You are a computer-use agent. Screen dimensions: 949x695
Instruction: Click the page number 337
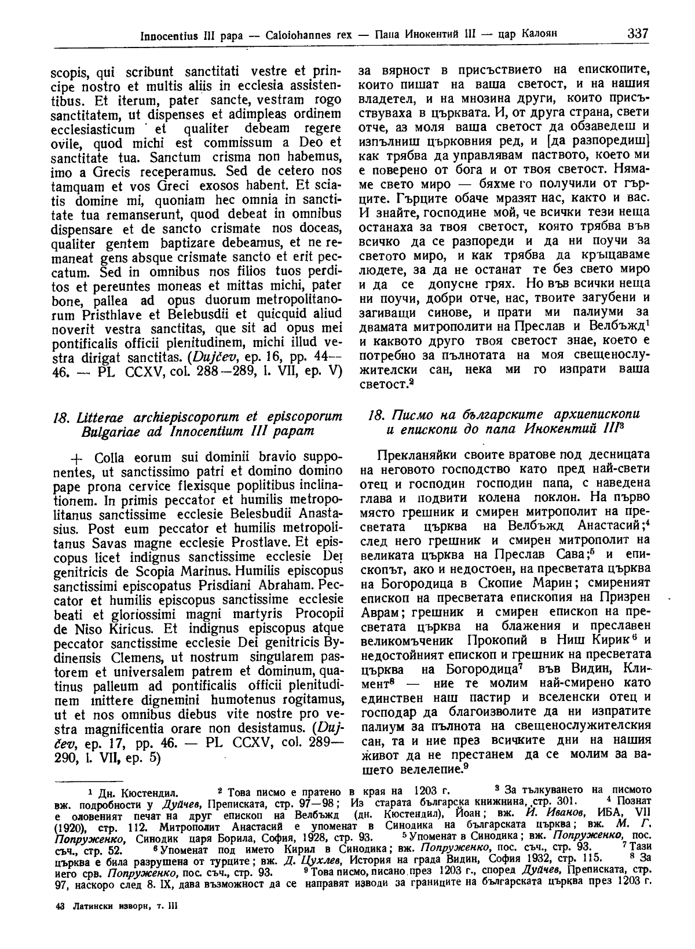pos(638,33)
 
